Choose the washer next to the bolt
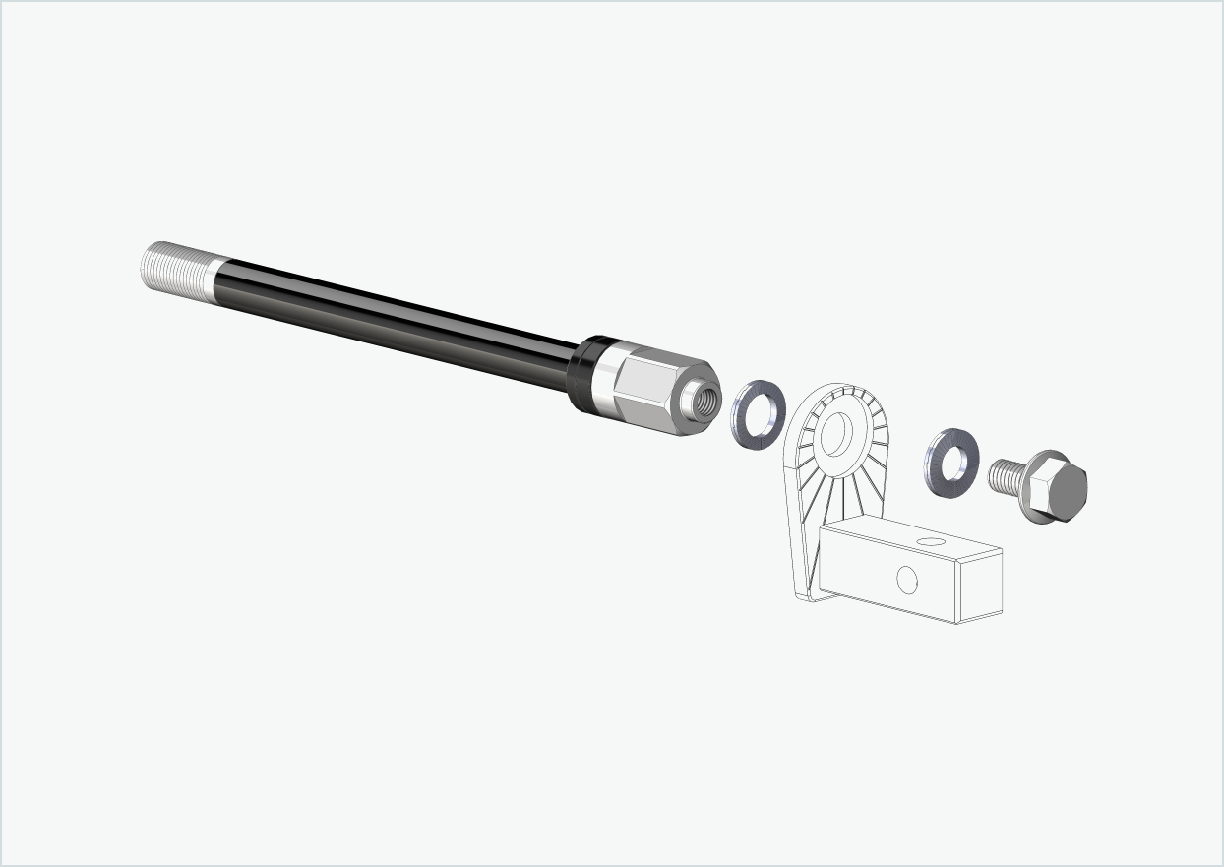pyautogui.click(x=938, y=475)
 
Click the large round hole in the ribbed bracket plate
pyautogui.click(x=836, y=433)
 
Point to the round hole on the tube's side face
pyautogui.click(x=907, y=581)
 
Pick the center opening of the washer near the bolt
pyautogui.click(x=951, y=461)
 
